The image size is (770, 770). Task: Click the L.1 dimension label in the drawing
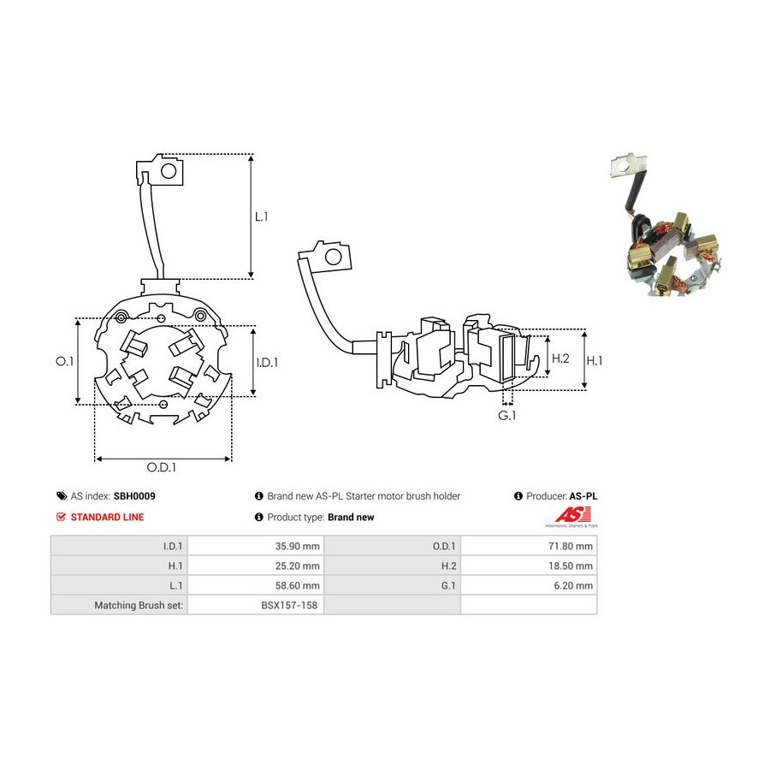pyautogui.click(x=261, y=216)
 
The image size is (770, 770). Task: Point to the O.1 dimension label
pyautogui.click(x=64, y=361)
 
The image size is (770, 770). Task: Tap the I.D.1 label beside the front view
pyautogui.click(x=267, y=363)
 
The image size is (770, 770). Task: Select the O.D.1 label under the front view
pyautogui.click(x=162, y=467)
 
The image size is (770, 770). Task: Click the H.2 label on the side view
pyautogui.click(x=560, y=358)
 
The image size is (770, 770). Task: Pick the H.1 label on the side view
pyautogui.click(x=595, y=361)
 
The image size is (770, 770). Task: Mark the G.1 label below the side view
pyautogui.click(x=507, y=416)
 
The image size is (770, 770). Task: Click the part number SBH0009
pyautogui.click(x=134, y=496)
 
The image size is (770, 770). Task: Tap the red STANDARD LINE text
pyautogui.click(x=108, y=517)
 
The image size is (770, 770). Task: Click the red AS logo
pyautogui.click(x=572, y=516)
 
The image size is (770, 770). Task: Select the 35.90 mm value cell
pyautogui.click(x=255, y=546)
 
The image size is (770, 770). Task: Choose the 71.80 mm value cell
pyautogui.click(x=529, y=546)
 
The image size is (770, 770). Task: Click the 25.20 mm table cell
pyautogui.click(x=255, y=566)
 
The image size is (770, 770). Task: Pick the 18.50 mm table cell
pyautogui.click(x=529, y=566)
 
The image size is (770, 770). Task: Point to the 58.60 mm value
pyautogui.click(x=297, y=585)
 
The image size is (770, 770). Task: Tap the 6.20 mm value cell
pyautogui.click(x=529, y=585)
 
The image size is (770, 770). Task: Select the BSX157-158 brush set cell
pyautogui.click(x=255, y=605)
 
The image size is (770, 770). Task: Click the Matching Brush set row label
pyautogui.click(x=139, y=606)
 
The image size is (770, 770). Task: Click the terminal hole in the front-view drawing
pyautogui.click(x=169, y=171)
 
